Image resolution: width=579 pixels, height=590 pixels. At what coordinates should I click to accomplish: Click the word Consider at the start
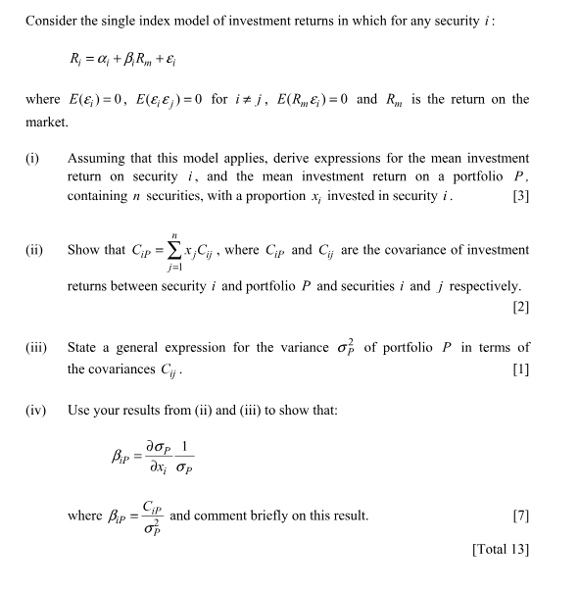[52, 21]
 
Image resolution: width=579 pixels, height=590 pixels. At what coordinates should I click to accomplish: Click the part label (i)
[33, 158]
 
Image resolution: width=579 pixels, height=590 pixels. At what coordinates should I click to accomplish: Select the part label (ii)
[35, 250]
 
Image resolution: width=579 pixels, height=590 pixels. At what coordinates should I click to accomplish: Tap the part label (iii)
[37, 348]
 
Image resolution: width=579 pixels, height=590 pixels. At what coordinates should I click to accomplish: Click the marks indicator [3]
[520, 196]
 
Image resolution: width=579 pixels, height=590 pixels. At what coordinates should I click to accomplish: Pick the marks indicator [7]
[520, 516]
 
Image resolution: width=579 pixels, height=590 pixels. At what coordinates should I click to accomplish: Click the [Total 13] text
[501, 549]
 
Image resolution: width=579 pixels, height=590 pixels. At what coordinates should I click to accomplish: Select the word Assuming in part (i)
[98, 158]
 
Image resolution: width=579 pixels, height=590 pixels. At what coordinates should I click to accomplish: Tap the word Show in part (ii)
[83, 250]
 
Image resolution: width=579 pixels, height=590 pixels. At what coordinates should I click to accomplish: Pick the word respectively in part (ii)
[478, 286]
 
